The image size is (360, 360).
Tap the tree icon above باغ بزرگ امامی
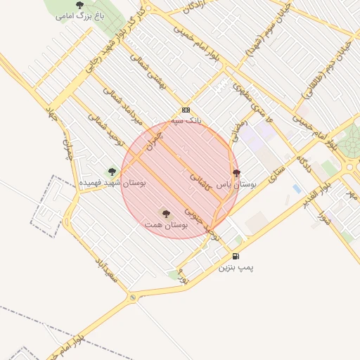pyautogui.click(x=79, y=5)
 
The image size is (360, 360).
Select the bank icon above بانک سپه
pyautogui.click(x=186, y=110)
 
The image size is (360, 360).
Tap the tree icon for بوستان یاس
pyautogui.click(x=236, y=173)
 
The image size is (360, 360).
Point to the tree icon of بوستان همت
pyautogui.click(x=166, y=213)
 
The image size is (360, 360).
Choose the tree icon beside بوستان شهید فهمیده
pyautogui.click(x=111, y=171)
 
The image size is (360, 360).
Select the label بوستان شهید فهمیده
pyautogui.click(x=112, y=182)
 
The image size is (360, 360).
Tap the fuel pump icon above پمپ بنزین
pyautogui.click(x=236, y=256)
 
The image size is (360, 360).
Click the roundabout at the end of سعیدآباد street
pyautogui.click(x=133, y=298)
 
